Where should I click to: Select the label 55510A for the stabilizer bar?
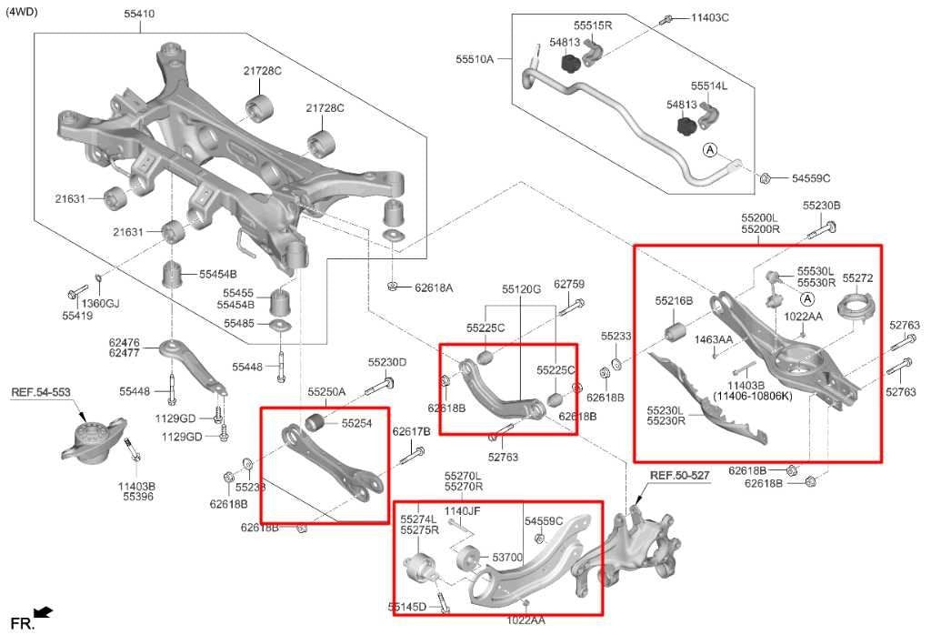tap(475, 58)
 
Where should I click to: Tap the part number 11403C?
tap(710, 17)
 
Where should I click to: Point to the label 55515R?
tap(593, 25)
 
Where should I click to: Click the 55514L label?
tap(708, 86)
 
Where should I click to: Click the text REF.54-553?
tap(40, 392)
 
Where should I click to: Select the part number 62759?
tap(569, 284)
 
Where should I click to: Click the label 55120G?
tap(521, 289)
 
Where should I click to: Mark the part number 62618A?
tap(434, 287)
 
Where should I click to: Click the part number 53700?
tap(506, 557)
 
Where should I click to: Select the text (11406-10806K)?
tap(752, 396)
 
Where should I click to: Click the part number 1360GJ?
tap(100, 303)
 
